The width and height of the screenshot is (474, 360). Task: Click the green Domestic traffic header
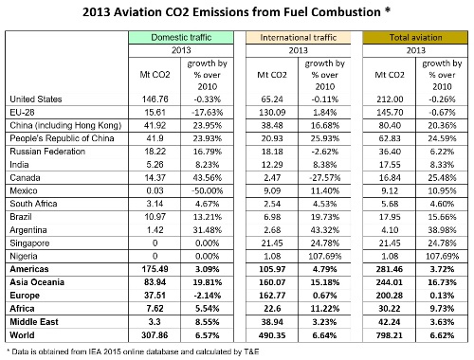coord(181,37)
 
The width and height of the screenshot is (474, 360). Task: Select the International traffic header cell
coord(299,38)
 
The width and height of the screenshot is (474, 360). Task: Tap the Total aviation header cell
coord(415,37)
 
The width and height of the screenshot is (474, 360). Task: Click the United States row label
coord(36,99)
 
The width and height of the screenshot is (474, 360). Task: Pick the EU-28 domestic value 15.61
coord(155,113)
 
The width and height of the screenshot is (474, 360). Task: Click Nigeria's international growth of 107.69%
coord(325,256)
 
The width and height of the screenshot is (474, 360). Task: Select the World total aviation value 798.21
coord(390,335)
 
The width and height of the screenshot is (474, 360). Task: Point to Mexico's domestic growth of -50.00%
coord(207,190)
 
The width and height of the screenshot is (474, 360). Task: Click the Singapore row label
coord(29,243)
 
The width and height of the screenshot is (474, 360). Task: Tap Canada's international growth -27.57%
coord(325,178)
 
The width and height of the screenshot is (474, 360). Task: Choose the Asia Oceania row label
coord(37,282)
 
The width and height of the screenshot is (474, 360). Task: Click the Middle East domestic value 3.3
coord(155,322)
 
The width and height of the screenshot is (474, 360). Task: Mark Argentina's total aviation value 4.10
coord(390,230)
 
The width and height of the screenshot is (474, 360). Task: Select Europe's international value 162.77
coord(272,296)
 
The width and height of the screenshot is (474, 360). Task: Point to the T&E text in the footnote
coord(251,351)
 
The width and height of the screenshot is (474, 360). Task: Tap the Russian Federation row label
coord(47,152)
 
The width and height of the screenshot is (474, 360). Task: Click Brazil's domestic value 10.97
coord(155,217)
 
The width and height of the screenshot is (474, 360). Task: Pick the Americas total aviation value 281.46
coord(390,269)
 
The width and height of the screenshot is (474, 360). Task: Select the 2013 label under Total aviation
coord(416,50)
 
